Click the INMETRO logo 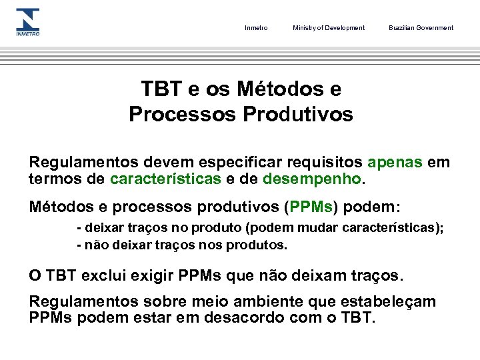click(x=28, y=22)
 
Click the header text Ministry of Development click(x=329, y=28)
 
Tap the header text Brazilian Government click(x=421, y=28)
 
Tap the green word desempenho click(x=311, y=179)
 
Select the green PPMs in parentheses click(x=309, y=206)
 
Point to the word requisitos click(x=330, y=162)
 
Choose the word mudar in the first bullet click(x=319, y=228)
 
